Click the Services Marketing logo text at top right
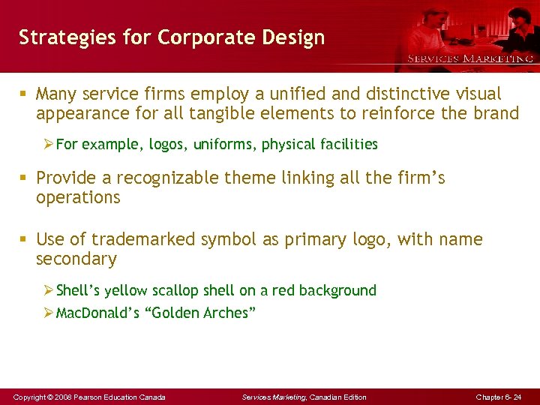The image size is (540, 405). pyautogui.click(x=470, y=58)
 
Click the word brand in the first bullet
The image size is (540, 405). pyautogui.click(x=493, y=113)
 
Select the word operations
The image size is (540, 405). pyautogui.click(x=78, y=197)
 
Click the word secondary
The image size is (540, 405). pyautogui.click(x=76, y=259)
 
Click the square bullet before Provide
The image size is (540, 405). pyautogui.click(x=25, y=178)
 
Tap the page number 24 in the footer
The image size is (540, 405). pyautogui.click(x=517, y=397)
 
